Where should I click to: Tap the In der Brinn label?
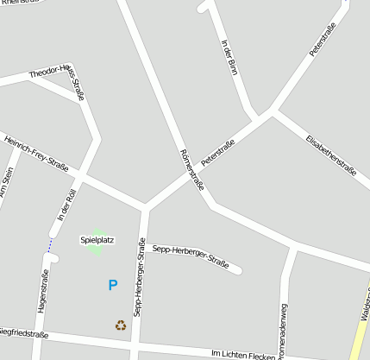[x=229, y=57]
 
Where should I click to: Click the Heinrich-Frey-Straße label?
[x=36, y=151]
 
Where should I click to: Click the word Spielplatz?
[x=97, y=239]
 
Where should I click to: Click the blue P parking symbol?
[x=112, y=285]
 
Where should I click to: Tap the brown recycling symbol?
[x=121, y=325]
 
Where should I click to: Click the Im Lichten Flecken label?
[x=242, y=354]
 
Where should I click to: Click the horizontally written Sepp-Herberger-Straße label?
[x=191, y=256]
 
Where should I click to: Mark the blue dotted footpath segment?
[x=50, y=245]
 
